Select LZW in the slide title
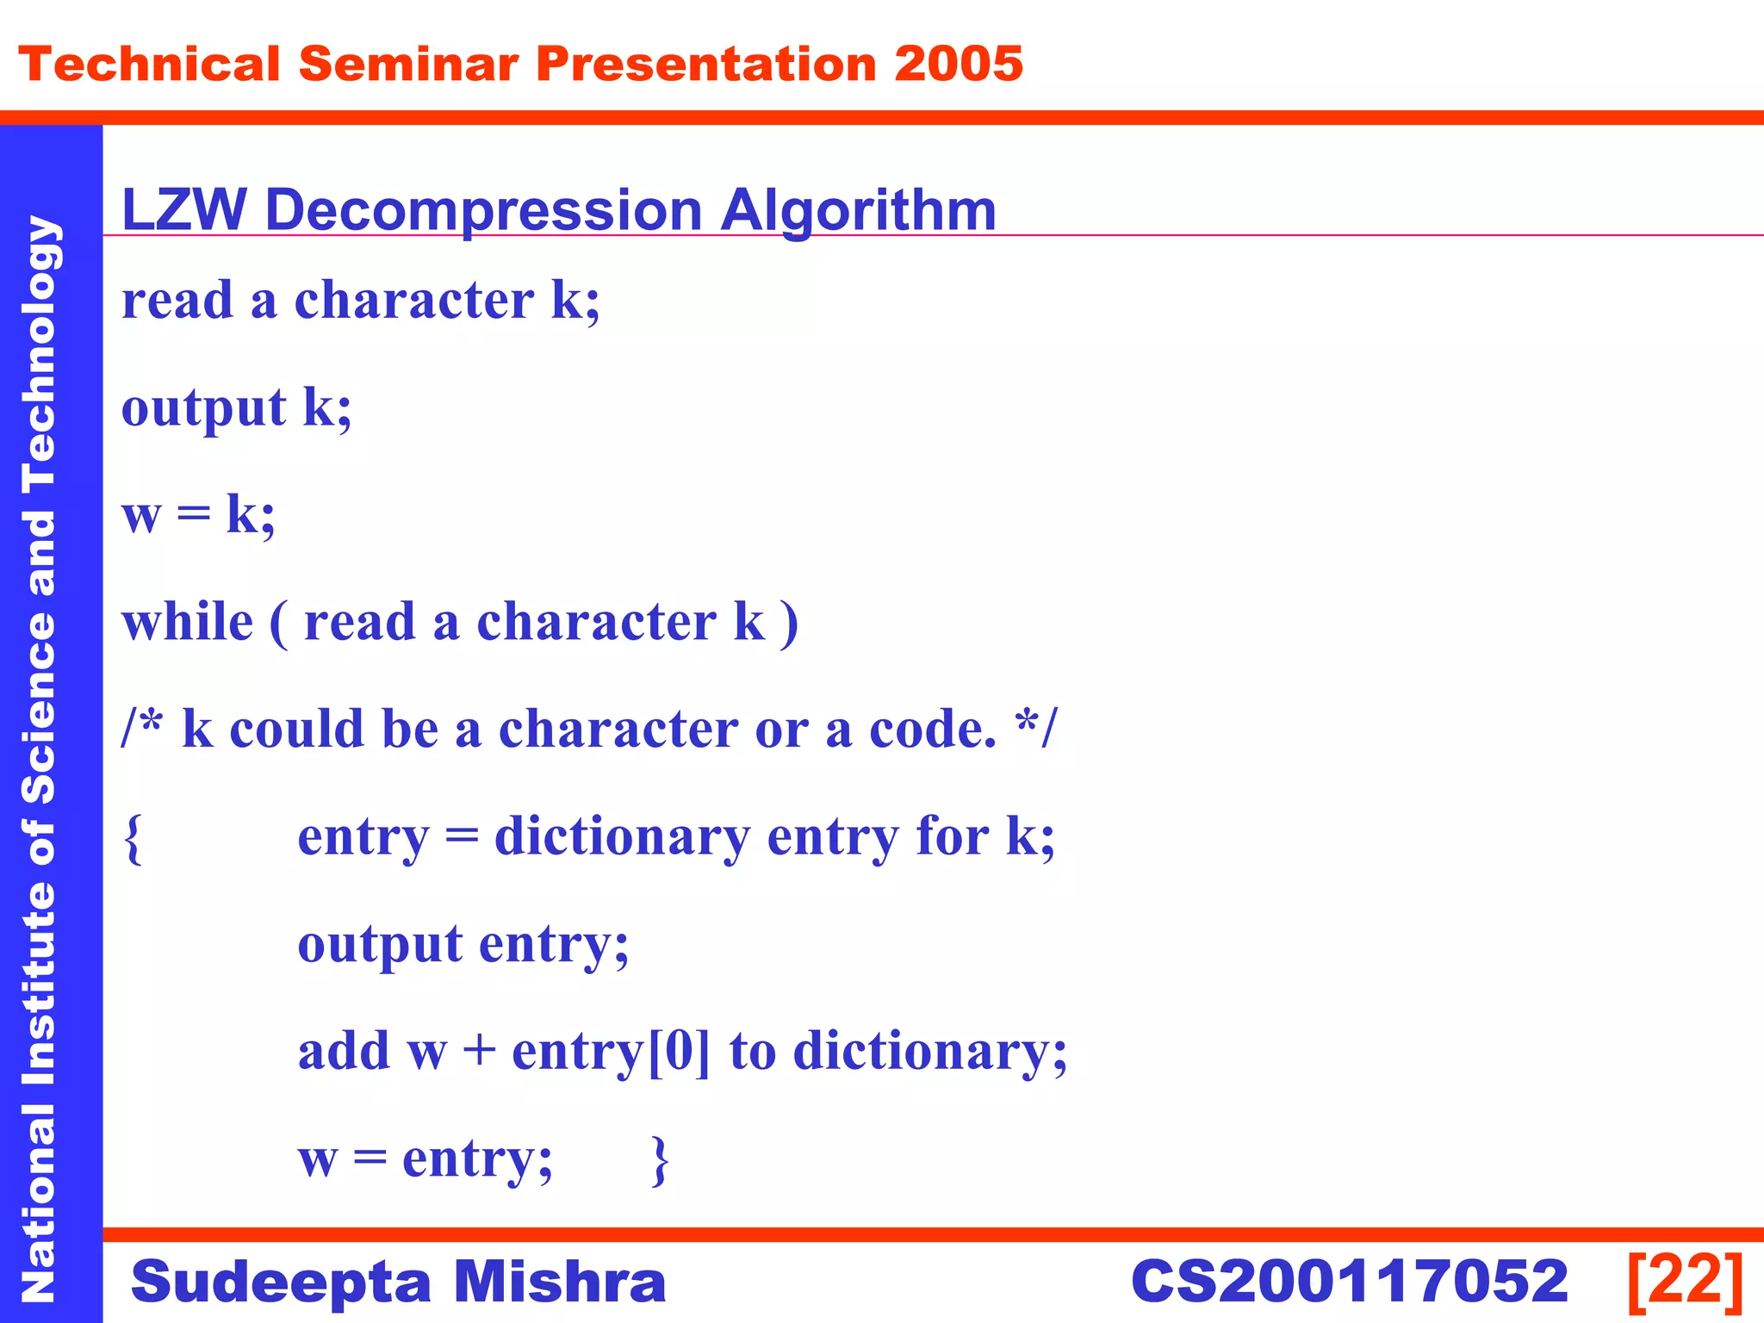tap(183, 209)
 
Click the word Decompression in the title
tap(483, 209)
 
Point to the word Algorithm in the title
tap(858, 209)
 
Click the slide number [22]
tap(1686, 1281)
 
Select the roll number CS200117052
tap(1349, 1281)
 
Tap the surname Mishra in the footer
tap(559, 1281)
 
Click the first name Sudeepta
tap(280, 1281)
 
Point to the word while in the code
tap(188, 622)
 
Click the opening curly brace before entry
tap(133, 838)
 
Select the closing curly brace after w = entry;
tap(660, 1160)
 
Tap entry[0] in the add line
tap(611, 1052)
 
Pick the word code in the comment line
tap(932, 730)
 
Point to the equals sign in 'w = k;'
tap(193, 514)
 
